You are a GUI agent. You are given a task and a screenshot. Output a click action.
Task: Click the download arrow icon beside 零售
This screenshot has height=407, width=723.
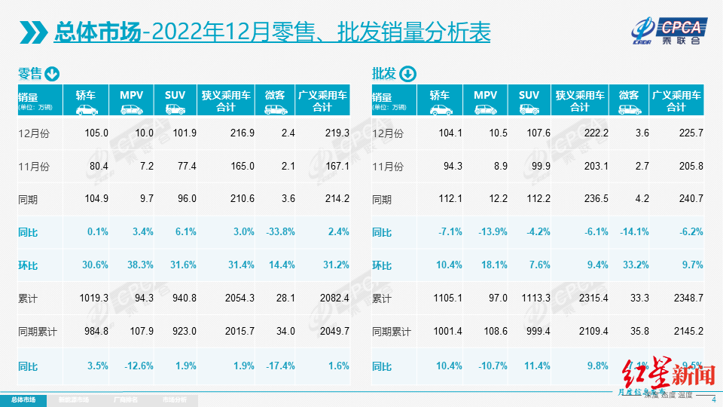pos(52,74)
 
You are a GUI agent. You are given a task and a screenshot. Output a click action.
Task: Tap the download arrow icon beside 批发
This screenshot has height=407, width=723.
pos(407,74)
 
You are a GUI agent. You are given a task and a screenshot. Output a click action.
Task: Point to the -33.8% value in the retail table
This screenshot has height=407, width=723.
pos(279,232)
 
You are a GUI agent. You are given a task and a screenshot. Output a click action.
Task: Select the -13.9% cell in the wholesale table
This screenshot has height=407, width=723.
pos(493,232)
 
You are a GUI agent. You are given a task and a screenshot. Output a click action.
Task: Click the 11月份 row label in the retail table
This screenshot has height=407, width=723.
pos(32,166)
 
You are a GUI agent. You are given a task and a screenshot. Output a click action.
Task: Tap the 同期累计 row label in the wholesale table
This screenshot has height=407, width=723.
pos(392,332)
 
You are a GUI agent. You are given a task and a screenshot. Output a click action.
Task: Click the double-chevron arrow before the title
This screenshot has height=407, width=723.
pos(32,32)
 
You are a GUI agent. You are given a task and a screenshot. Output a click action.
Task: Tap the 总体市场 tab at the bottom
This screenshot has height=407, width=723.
pos(23,399)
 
